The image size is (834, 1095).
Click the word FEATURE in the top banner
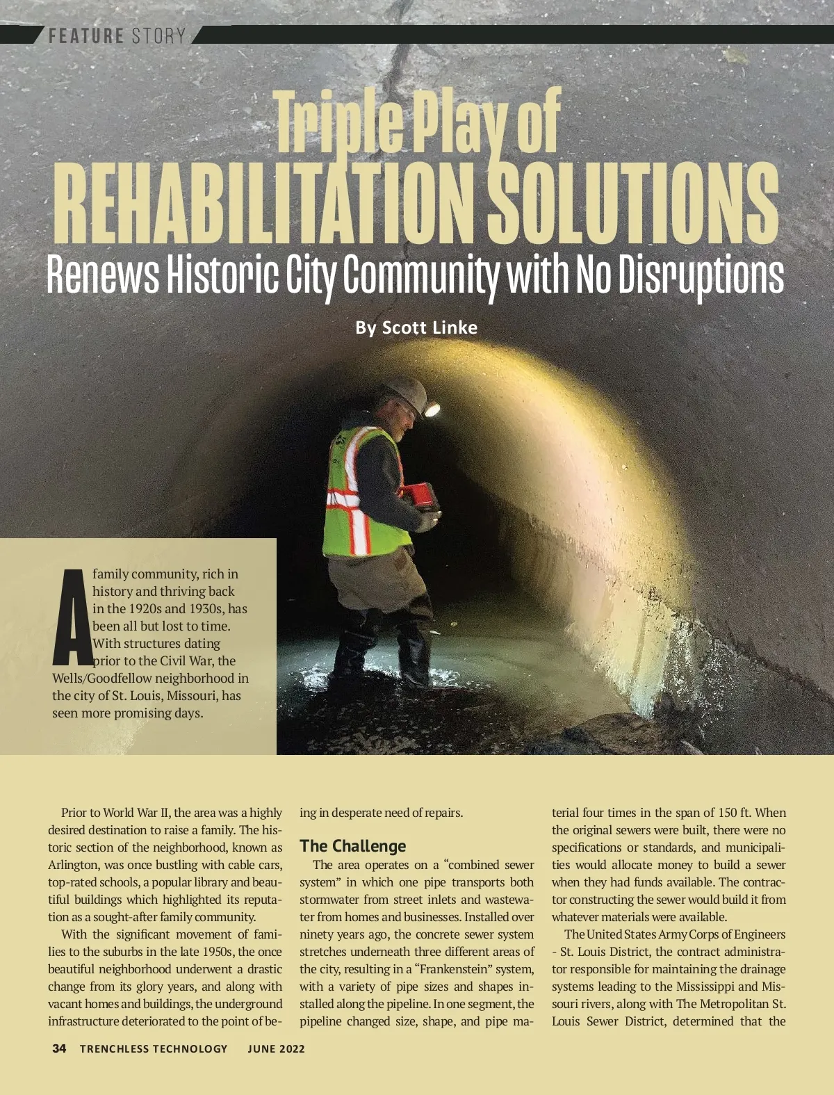click(x=85, y=35)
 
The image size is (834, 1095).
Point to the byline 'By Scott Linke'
click(x=416, y=327)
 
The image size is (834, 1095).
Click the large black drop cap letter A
click(x=72, y=616)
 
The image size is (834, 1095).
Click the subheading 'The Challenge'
click(x=352, y=846)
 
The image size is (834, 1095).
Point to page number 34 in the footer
click(x=59, y=1048)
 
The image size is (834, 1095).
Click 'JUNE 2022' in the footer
click(x=276, y=1048)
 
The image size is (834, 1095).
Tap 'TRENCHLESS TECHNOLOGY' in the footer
click(x=154, y=1048)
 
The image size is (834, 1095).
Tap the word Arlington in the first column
click(x=73, y=865)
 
